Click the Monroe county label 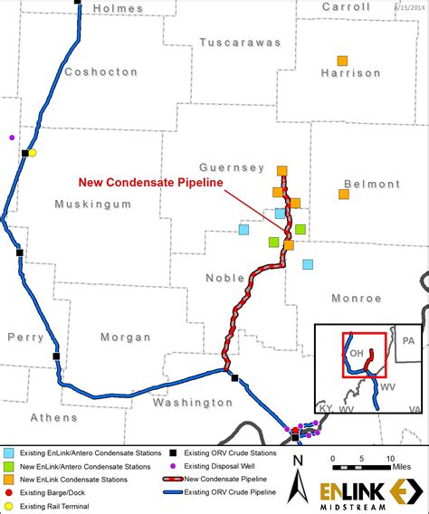(356, 298)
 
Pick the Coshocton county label (100, 71)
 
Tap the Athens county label (53, 417)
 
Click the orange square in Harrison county (342, 61)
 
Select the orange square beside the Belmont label (344, 194)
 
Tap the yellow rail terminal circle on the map (33, 153)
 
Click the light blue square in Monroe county (308, 264)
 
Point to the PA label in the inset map (408, 341)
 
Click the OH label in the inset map (357, 352)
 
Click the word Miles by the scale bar (399, 467)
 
